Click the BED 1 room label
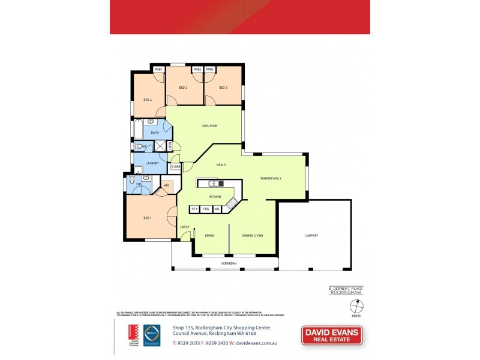[x=147, y=218]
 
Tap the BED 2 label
[x=184, y=88]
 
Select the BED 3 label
[x=223, y=88]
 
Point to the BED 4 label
[x=147, y=100]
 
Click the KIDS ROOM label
[x=209, y=126]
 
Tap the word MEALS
[x=221, y=164]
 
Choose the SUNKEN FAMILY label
[x=271, y=178]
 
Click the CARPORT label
[x=311, y=235]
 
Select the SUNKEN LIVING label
[x=253, y=235]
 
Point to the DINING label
[x=209, y=235]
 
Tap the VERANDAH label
[x=229, y=263]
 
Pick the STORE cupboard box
[x=176, y=167]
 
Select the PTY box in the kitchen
[x=194, y=209]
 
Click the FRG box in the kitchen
[x=206, y=209]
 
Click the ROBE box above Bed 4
[x=159, y=70]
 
